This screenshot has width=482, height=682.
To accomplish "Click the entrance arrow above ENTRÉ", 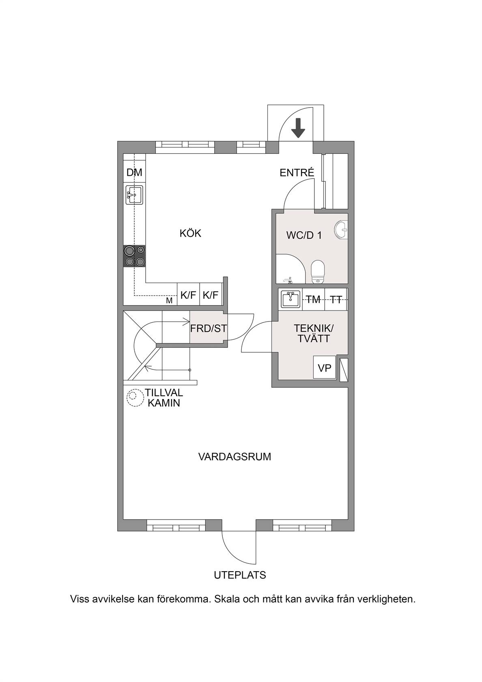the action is (x=298, y=127).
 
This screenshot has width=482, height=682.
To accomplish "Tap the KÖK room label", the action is (x=191, y=233).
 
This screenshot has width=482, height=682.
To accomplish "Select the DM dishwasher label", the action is (x=134, y=172).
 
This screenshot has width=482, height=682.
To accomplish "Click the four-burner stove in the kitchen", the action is (x=134, y=257).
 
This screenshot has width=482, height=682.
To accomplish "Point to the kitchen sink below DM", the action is (x=134, y=195).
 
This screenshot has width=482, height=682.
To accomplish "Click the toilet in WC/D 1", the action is (x=318, y=271).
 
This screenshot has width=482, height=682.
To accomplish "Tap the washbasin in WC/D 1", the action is (x=342, y=229).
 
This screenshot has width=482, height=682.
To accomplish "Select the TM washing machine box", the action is (x=314, y=299).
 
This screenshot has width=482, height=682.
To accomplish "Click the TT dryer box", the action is (x=336, y=299).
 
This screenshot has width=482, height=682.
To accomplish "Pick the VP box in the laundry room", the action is (x=325, y=367).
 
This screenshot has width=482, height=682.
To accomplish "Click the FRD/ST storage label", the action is (x=209, y=328).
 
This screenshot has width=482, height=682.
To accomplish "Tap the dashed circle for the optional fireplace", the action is (x=135, y=398).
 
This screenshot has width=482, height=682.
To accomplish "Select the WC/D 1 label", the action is (x=304, y=235).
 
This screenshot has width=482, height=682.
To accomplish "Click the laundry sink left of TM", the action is (x=290, y=299).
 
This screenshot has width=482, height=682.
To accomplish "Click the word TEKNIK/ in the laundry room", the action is (x=314, y=328).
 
